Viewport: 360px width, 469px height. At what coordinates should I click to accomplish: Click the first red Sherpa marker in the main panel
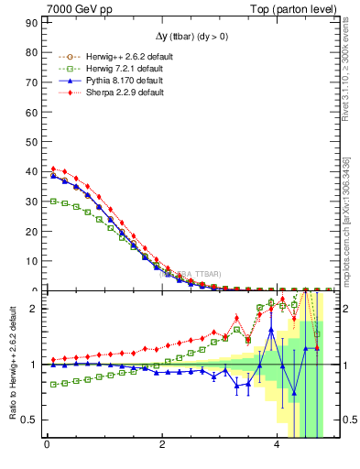tap(53, 169)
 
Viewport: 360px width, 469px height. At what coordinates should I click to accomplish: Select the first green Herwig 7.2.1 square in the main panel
tap(53, 201)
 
